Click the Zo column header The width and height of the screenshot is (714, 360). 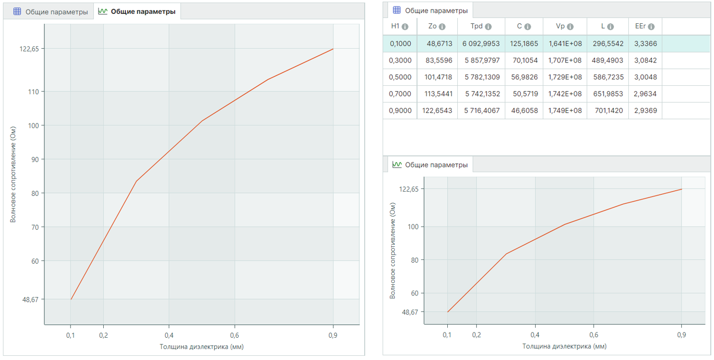pos(433,26)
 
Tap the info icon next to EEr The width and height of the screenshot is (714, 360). pos(651,27)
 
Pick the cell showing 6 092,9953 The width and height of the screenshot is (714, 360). pos(481,43)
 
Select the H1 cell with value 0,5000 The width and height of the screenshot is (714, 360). pos(401,77)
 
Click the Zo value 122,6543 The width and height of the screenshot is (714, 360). pos(438,111)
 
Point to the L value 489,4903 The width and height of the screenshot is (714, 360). pos(609,60)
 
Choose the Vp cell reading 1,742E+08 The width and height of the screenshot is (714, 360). pos(565,94)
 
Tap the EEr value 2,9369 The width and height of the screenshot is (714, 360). pos(645,111)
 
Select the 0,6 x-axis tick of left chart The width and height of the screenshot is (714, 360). pos(234,335)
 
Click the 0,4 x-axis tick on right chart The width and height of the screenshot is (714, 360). pos(535,335)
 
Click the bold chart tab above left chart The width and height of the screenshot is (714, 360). pos(137,12)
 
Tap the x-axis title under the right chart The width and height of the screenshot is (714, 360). pos(564,346)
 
